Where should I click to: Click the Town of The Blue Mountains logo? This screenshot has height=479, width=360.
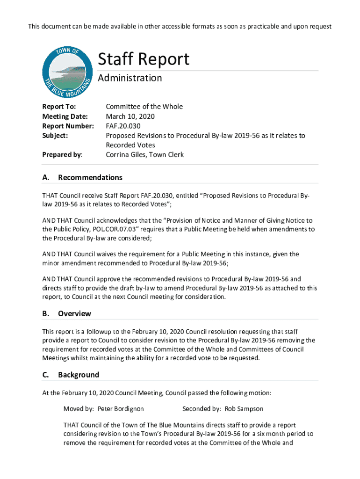coord(66,73)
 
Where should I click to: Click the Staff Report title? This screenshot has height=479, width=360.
coord(143,59)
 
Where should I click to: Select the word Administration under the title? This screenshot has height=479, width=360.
coord(130,78)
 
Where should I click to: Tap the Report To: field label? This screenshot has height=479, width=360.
coord(59,107)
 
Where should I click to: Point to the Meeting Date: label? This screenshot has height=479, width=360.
coord(65,116)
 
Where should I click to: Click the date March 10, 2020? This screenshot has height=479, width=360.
coord(130,116)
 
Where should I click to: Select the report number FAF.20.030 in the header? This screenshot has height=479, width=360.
coord(123,126)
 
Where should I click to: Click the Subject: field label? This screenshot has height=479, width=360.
coord(55,136)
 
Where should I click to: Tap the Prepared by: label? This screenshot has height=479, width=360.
coord(62,155)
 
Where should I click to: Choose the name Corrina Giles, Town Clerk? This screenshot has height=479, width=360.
coord(144,155)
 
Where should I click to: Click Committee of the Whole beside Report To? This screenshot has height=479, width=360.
coord(144,107)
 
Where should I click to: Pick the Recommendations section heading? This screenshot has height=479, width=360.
coord(90,178)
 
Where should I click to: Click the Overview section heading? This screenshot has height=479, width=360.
coord(74,314)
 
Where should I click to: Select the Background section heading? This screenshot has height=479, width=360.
coord(79,375)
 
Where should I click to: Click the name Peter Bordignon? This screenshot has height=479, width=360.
coord(121,409)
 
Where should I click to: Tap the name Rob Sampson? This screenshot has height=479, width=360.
coord(244,409)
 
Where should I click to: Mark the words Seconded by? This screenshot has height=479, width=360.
coord(202,409)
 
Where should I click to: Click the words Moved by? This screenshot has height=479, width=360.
coord(79,409)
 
